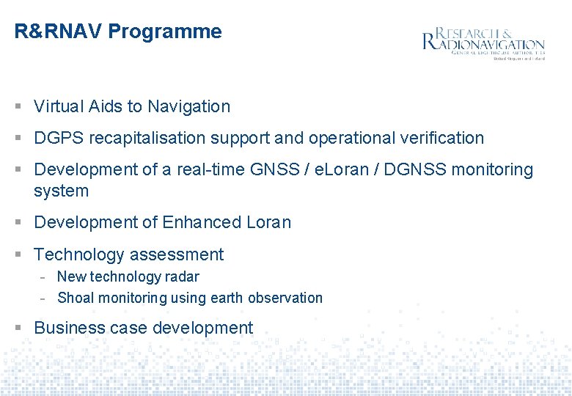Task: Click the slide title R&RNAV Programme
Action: tap(117, 32)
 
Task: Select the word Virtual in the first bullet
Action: tap(59, 106)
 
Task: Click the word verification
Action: tap(445, 138)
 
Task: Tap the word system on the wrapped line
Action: tap(61, 191)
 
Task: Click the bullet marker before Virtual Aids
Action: tap(18, 107)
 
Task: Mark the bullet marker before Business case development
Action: tap(18, 329)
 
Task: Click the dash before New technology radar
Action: tap(44, 277)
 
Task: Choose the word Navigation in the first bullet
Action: tap(188, 106)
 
